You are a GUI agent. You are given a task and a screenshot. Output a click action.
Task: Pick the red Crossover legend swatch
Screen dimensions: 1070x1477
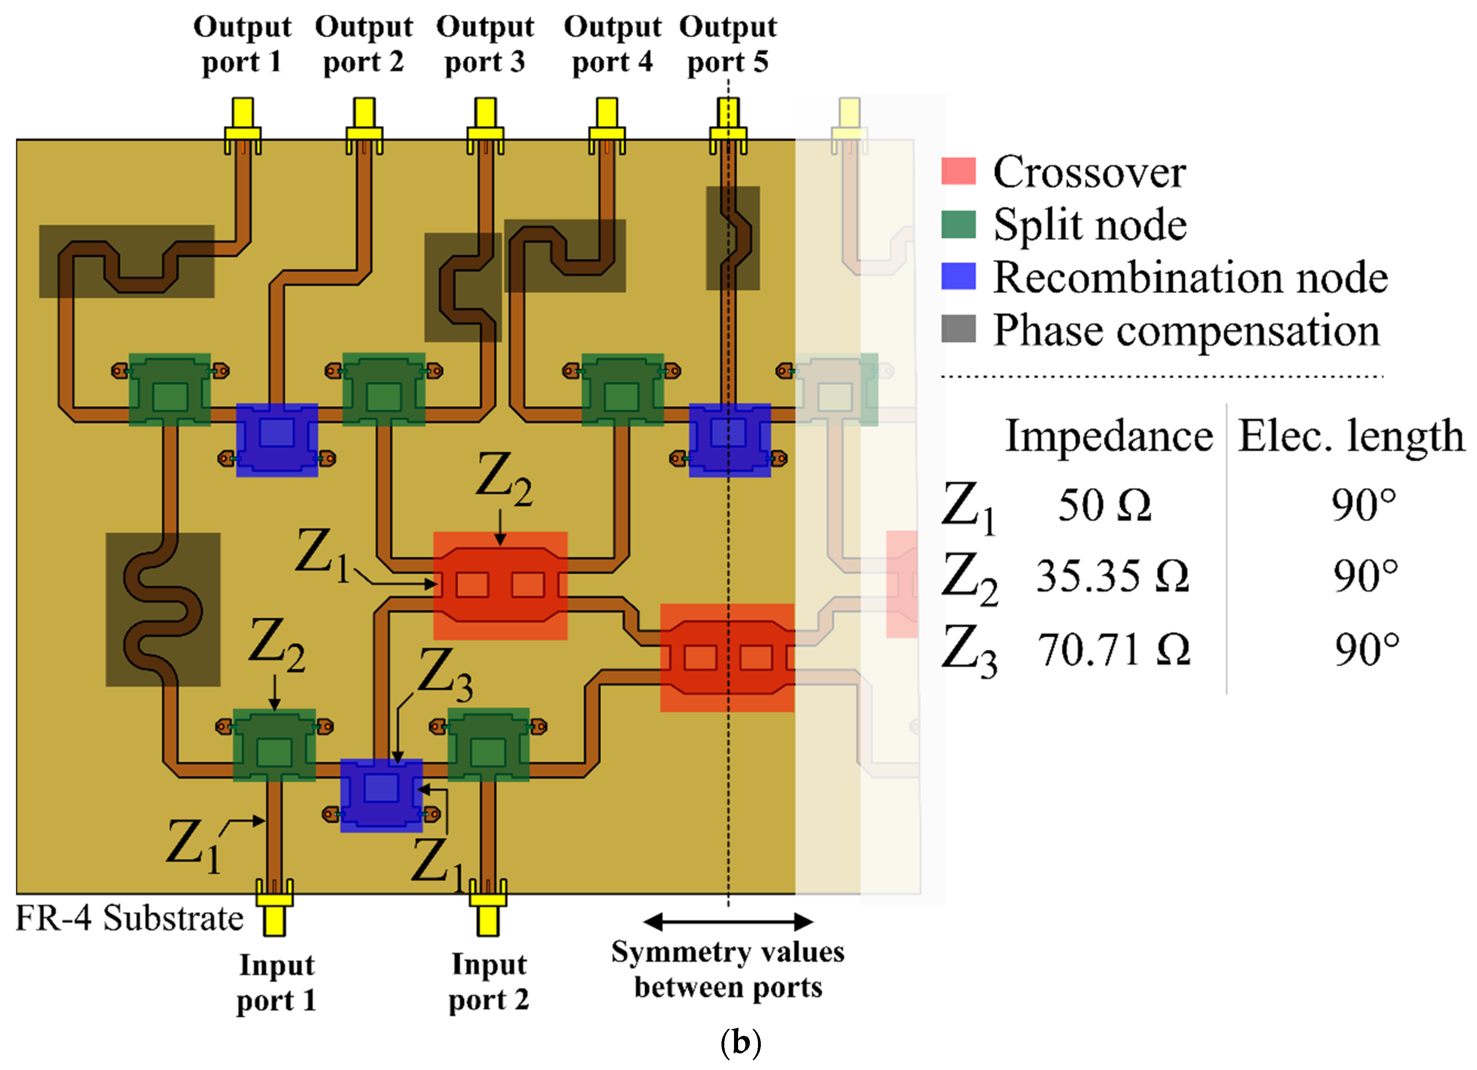(958, 171)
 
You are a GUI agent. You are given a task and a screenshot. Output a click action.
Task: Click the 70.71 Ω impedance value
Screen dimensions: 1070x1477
(1113, 650)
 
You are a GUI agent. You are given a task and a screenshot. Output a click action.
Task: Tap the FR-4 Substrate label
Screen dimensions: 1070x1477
(129, 918)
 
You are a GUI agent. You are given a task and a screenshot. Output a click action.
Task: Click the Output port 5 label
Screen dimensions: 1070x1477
(728, 44)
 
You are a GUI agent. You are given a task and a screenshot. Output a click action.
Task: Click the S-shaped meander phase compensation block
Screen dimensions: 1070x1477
(163, 609)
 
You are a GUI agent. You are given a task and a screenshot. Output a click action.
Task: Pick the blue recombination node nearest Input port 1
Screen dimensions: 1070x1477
(381, 795)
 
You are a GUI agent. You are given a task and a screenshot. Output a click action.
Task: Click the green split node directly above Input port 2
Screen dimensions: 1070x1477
(488, 744)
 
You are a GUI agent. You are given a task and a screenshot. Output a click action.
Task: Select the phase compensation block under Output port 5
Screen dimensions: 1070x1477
(733, 238)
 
